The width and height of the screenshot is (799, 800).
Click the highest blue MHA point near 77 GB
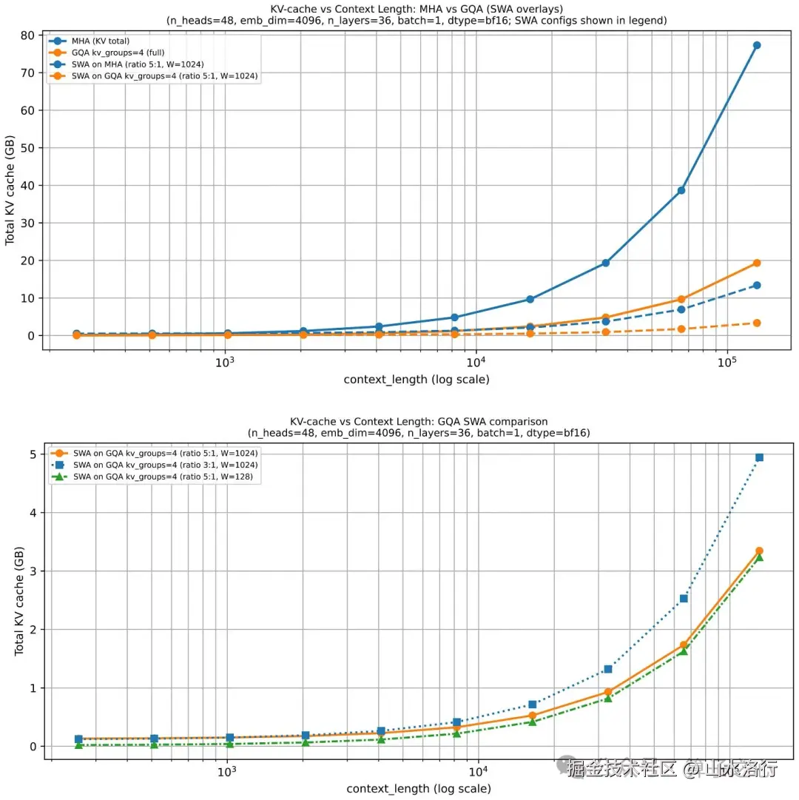pos(757,45)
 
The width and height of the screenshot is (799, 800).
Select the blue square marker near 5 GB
pos(759,457)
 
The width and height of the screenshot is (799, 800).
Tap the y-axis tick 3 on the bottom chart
pos(33,571)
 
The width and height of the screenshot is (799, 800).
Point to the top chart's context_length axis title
pos(416,380)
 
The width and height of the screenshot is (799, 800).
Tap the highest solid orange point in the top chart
pos(757,263)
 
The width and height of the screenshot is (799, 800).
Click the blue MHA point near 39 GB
pos(681,190)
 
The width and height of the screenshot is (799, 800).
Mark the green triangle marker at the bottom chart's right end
pos(759,557)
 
